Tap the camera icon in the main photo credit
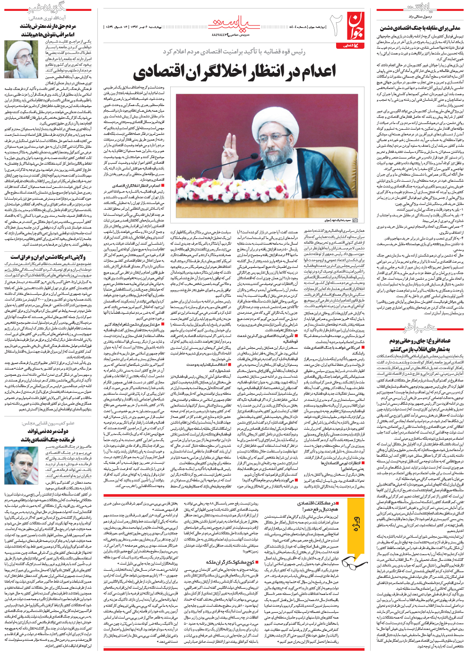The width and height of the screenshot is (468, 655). point(355,220)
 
